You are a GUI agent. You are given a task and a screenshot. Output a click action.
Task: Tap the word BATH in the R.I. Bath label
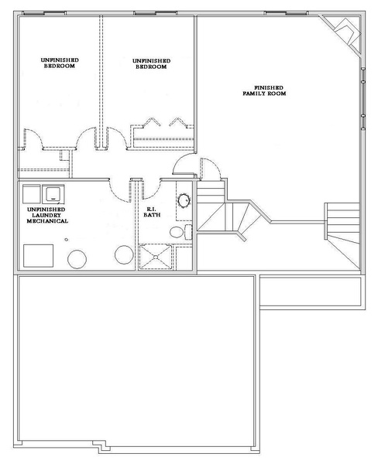click(152, 215)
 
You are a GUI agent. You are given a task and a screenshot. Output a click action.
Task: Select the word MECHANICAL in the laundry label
click(47, 220)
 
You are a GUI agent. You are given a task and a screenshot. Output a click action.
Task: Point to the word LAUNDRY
click(46, 215)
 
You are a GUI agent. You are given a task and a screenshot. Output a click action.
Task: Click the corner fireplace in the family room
click(345, 34)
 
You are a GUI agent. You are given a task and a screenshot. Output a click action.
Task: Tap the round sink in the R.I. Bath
click(184, 201)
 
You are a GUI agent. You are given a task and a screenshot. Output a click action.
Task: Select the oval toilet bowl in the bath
click(177, 232)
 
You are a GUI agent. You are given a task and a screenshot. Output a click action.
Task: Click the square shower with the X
click(156, 257)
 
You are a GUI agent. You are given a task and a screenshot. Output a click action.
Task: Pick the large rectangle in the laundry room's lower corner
click(38, 256)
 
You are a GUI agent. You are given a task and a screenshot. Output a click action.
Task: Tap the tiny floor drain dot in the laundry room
click(67, 240)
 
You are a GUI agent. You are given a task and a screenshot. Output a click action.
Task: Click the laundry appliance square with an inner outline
click(53, 194)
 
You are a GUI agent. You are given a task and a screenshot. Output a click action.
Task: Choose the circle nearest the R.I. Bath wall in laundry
click(124, 254)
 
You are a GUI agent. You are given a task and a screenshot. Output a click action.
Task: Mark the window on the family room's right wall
click(363, 98)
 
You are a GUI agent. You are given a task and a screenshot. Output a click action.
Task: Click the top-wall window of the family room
click(286, 13)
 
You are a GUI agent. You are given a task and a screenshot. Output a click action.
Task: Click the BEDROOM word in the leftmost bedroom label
click(60, 66)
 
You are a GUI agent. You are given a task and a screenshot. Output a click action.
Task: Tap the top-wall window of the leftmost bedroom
click(44, 13)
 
